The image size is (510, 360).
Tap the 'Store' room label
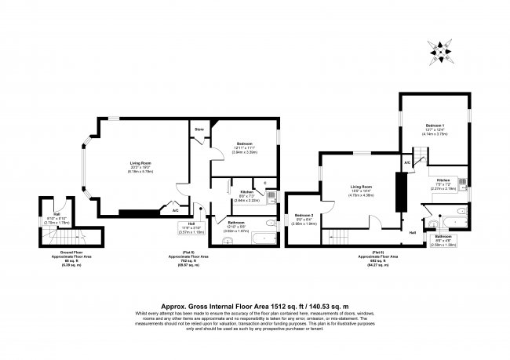pos(199,130)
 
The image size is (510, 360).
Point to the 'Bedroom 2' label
pos(304,216)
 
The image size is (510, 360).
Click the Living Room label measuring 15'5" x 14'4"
pos(361,187)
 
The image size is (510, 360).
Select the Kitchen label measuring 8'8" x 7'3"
pos(246,192)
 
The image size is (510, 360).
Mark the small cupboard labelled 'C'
pos(266,184)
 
